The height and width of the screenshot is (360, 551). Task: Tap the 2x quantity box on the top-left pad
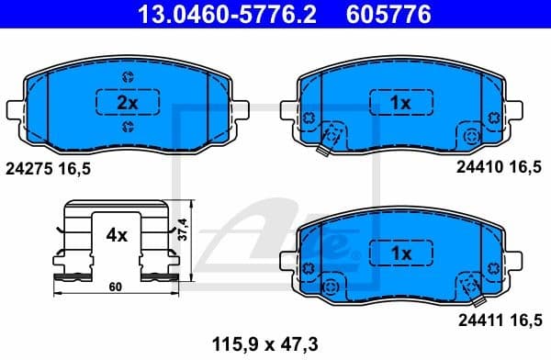point(127,103)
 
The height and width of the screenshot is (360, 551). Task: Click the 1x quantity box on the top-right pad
point(399,103)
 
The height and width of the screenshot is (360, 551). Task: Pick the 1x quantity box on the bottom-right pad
point(399,251)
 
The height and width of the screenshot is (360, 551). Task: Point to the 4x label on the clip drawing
point(116,235)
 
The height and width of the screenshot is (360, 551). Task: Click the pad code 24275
point(28,169)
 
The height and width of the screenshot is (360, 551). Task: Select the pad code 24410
point(476,169)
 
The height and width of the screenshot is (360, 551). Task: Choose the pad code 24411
point(476,319)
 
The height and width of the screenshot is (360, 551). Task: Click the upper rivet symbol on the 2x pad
point(127,77)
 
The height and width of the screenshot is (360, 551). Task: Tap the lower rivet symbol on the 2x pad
point(127,128)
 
